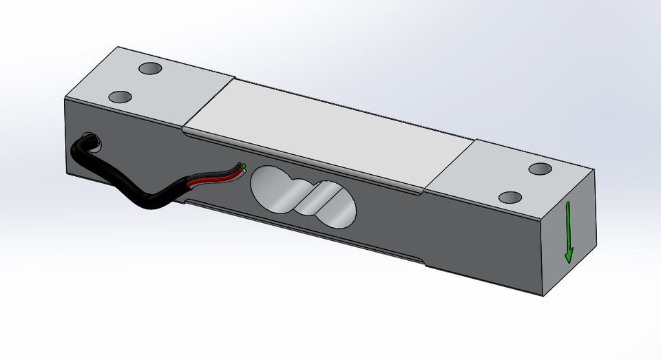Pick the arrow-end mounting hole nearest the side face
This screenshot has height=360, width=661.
point(511,198)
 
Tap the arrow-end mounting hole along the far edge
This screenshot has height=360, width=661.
point(541,169)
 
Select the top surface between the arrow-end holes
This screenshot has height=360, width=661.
point(526,183)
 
